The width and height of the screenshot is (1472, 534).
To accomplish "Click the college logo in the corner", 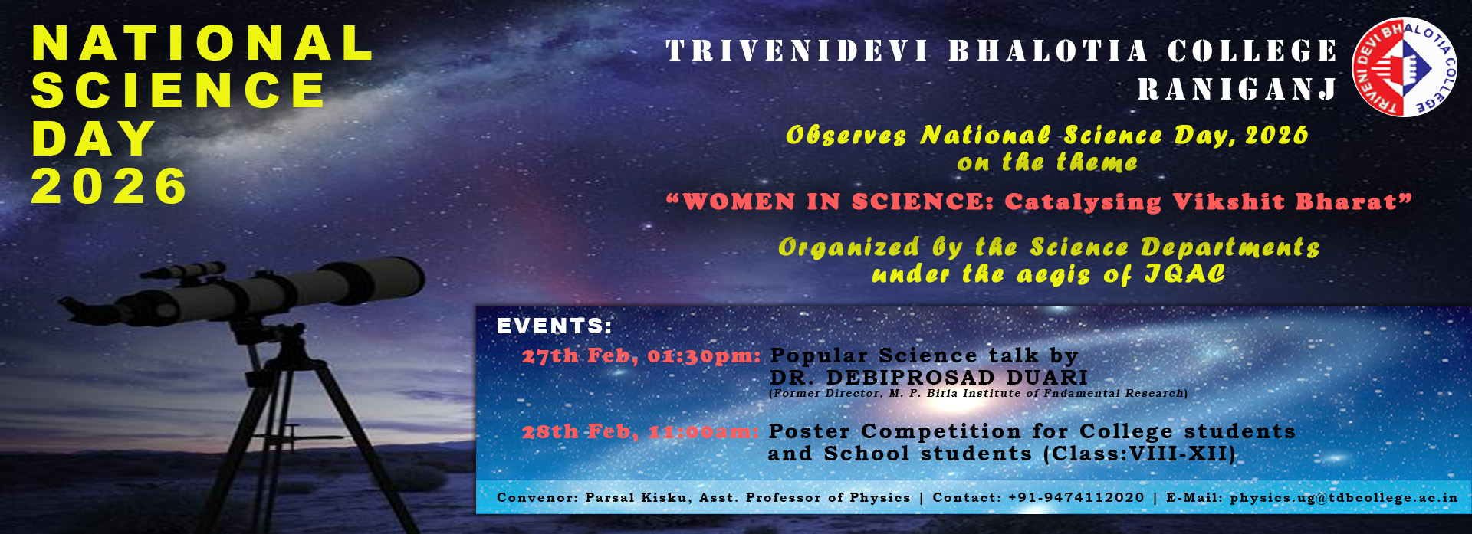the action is click(1405, 67).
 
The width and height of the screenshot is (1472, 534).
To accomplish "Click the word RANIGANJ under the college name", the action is click(1237, 90).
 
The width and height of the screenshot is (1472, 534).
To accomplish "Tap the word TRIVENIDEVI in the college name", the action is click(797, 51).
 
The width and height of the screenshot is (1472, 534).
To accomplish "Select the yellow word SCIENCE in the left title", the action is click(179, 90).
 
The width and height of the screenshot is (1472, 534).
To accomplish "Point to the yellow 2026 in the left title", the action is click(109, 186).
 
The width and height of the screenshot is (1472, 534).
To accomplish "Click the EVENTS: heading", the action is click(554, 326).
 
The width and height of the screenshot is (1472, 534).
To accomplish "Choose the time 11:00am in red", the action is click(704, 431).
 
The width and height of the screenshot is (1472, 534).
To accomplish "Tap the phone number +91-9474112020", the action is click(1076, 497).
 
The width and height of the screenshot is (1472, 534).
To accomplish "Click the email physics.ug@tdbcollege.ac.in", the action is click(1344, 498).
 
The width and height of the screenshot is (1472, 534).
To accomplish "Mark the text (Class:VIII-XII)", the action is click(1140, 454).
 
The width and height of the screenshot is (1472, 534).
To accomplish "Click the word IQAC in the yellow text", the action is click(1185, 274).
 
